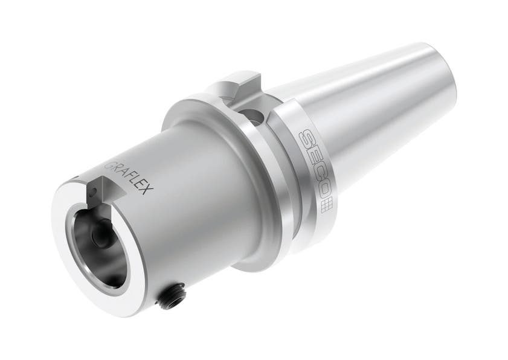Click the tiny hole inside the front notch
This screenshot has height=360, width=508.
point(93,193)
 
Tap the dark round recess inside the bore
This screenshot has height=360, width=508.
point(98,231)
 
